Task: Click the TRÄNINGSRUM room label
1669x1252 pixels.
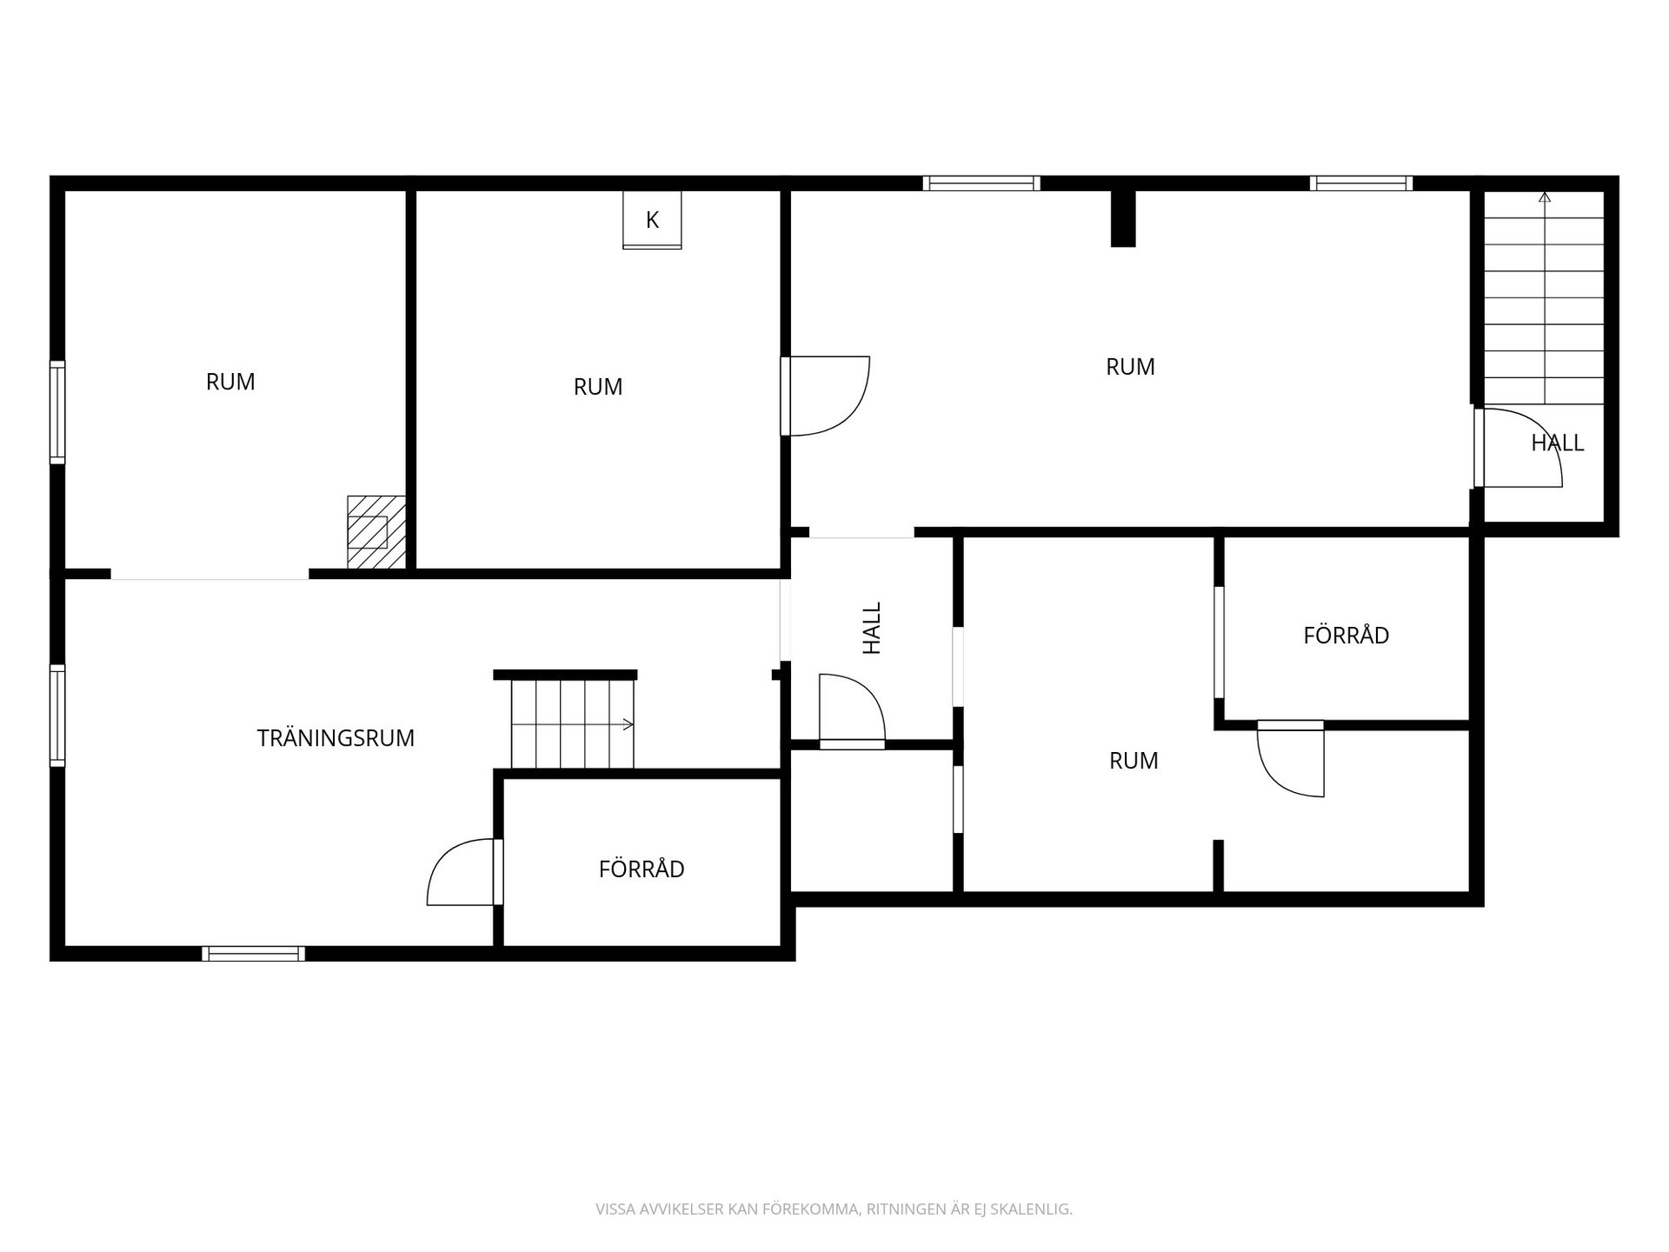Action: click(336, 738)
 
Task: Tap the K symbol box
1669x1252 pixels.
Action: click(652, 220)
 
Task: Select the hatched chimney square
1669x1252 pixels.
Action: click(376, 532)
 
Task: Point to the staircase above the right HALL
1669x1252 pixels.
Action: click(1544, 297)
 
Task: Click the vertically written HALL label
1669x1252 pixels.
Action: click(871, 628)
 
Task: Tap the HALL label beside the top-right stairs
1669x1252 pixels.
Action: click(1557, 443)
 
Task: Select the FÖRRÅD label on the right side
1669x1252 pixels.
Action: click(1346, 636)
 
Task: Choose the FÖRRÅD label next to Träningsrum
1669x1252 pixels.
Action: click(642, 869)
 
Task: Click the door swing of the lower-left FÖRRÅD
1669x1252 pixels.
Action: click(461, 872)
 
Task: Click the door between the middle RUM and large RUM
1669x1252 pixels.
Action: click(826, 396)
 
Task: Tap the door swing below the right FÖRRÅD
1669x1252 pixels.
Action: click(1291, 758)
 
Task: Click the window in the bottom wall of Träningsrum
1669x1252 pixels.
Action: click(254, 954)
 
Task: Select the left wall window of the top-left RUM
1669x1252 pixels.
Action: click(57, 412)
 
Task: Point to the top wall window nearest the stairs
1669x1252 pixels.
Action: click(1361, 183)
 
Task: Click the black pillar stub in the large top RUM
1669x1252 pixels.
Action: click(1123, 218)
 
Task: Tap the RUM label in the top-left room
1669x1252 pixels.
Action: click(230, 383)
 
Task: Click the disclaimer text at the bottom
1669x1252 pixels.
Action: click(834, 1209)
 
